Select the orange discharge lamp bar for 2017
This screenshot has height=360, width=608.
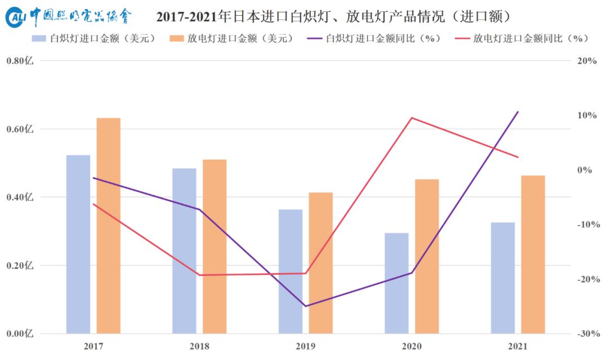(x=109, y=225)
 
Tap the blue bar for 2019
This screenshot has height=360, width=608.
(x=290, y=271)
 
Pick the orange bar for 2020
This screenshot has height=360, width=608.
(x=427, y=256)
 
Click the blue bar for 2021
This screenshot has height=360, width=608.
(x=503, y=277)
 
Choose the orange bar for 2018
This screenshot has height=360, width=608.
(x=214, y=246)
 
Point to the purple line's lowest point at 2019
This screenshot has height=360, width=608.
(x=306, y=306)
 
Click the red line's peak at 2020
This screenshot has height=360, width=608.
(x=412, y=118)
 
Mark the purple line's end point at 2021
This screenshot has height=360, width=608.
(x=518, y=112)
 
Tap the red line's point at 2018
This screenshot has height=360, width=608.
(x=200, y=275)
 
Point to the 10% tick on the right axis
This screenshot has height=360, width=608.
(x=587, y=115)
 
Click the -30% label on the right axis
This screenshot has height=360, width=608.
(x=587, y=334)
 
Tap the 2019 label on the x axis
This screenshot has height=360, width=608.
(x=306, y=346)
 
